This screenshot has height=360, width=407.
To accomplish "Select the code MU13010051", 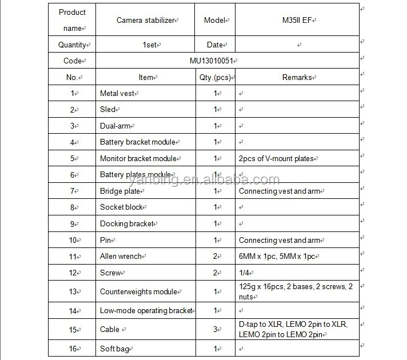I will point(212,61).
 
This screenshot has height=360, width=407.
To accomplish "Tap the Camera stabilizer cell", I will point(146,20).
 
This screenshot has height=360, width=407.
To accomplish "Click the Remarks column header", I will point(297,77).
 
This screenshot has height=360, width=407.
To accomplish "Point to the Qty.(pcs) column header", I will point(215,77).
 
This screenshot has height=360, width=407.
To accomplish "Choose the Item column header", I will point(146,77).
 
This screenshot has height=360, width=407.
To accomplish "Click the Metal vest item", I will point(117,93).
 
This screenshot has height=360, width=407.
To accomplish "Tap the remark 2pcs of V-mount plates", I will point(276,158).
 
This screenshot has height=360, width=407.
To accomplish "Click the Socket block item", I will point(121,207).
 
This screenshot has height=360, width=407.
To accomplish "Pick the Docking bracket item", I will point(127,224).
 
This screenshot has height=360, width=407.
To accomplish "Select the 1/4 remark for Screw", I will point(245,273).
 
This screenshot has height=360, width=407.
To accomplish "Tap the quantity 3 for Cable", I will point(216,329).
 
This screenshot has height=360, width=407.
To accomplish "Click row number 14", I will point(73,311).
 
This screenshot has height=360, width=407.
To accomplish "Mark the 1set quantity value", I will point(150,44).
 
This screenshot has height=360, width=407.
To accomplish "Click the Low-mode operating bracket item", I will point(147,311).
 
